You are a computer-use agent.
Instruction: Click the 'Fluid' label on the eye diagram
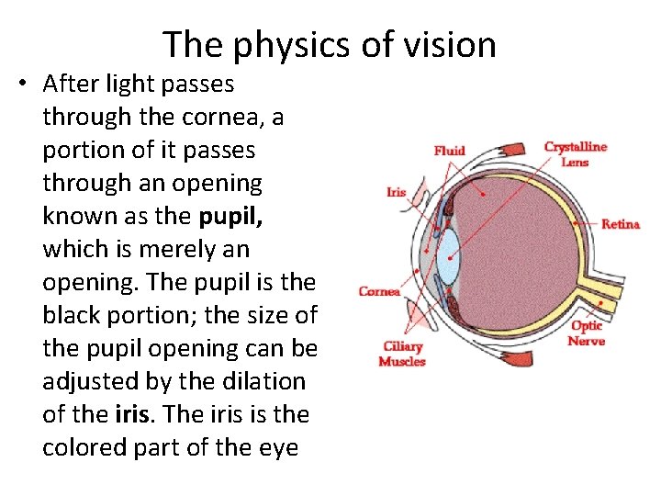450,151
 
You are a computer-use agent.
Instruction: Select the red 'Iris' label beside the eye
396,192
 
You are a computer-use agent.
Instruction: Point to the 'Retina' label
621,224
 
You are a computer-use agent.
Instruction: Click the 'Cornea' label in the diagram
379,291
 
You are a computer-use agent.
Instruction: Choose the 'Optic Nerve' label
587,333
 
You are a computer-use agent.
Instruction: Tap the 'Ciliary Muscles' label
402,354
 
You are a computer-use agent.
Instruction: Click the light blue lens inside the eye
447,256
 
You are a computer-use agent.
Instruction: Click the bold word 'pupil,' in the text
230,216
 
